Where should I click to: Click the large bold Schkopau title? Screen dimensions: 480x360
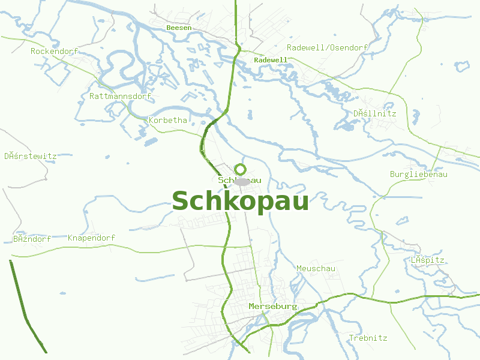240,202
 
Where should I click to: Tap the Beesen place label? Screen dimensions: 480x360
179,28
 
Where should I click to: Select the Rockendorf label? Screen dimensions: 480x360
55,51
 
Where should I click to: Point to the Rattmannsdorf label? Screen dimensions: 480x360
120,96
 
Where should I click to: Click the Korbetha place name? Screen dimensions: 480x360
168,120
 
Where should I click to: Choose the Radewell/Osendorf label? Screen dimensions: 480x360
327,47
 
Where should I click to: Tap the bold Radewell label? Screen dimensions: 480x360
271,60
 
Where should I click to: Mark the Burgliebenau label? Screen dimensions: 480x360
419,174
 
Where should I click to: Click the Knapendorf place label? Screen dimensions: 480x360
91,238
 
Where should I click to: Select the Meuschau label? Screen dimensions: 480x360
316,268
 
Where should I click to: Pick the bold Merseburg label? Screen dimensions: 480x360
273,306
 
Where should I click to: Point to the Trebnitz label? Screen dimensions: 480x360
368,338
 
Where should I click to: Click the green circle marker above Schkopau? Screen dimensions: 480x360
241,169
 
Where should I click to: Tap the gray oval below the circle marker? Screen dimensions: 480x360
242,181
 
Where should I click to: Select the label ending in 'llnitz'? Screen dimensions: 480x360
374,113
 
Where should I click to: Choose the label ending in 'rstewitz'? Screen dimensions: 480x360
30,156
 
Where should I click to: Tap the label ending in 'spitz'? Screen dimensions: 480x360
427,260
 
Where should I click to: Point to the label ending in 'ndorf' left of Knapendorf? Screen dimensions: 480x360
32,238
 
